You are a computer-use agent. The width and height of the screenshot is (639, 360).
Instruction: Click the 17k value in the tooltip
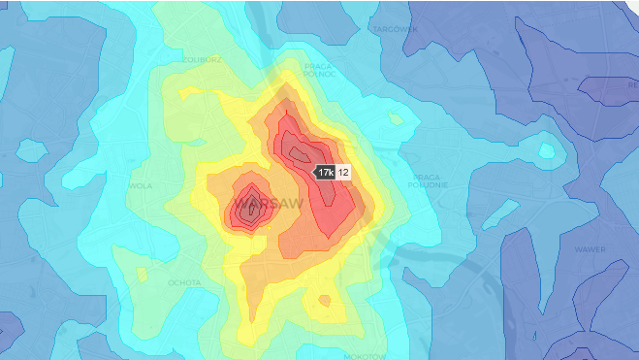point(325,172)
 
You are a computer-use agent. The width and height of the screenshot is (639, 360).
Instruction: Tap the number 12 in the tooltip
point(342,172)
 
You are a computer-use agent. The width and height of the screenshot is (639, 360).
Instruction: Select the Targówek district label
point(395,29)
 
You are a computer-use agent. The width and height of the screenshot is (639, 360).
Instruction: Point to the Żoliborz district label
point(203,59)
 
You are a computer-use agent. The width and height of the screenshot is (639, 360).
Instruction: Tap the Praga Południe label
point(427,181)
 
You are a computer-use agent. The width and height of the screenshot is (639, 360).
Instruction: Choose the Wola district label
point(142,184)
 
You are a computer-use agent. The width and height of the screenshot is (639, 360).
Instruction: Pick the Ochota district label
point(183,282)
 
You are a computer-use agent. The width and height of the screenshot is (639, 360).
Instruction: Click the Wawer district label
point(591,248)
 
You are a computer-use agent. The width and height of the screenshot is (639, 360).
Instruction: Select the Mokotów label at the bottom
point(365,356)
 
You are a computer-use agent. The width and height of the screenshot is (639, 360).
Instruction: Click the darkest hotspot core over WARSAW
point(250,205)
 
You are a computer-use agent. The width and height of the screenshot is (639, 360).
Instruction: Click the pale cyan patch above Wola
point(32,150)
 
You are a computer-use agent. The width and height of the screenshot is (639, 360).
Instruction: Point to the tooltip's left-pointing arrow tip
point(312,172)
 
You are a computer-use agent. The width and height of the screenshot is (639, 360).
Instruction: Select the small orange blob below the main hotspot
point(326,302)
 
